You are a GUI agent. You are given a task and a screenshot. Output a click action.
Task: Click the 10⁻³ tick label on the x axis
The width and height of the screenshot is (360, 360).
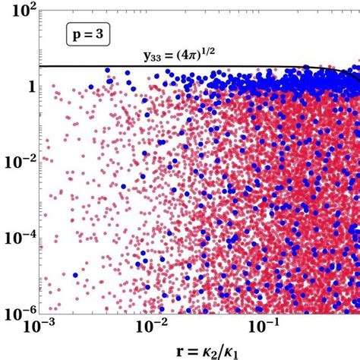point(36,327)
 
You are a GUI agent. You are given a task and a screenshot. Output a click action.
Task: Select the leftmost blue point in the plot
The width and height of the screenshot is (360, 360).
point(74,275)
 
